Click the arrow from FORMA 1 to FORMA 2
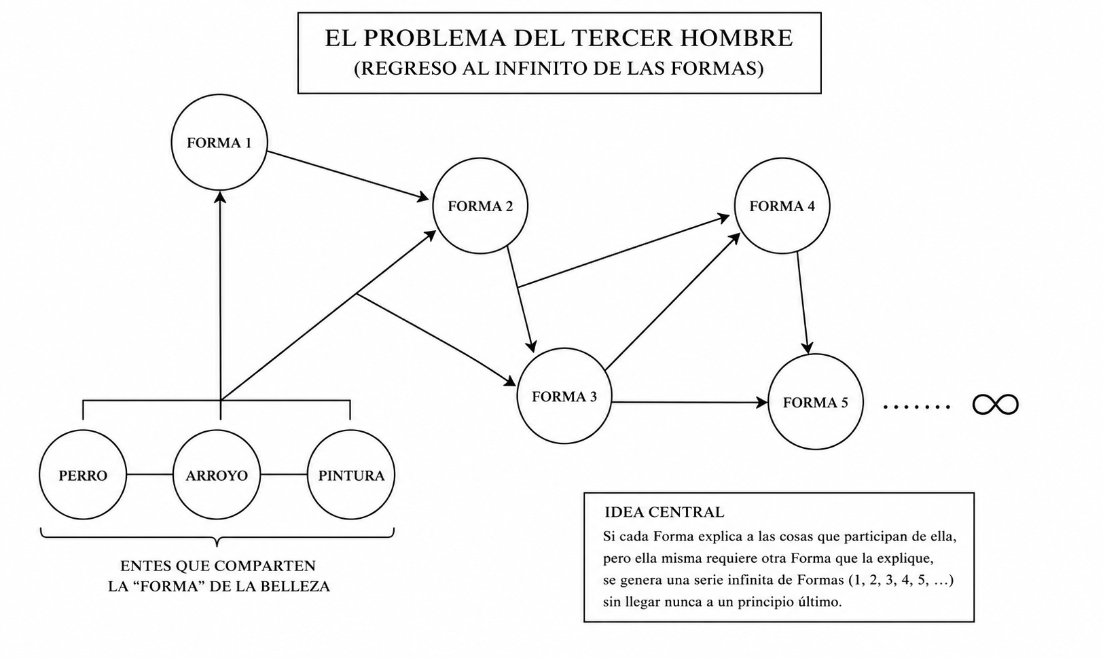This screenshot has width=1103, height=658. pos(348,176)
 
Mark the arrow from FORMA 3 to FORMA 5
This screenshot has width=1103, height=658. pos(690,403)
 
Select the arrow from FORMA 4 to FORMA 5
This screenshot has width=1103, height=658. pos(803,303)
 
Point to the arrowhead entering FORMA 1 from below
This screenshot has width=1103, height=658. pos(220,197)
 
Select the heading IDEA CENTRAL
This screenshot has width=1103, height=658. pos(664,512)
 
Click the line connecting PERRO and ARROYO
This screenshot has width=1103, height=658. pos(149,475)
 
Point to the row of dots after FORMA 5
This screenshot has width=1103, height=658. pos(917,407)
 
